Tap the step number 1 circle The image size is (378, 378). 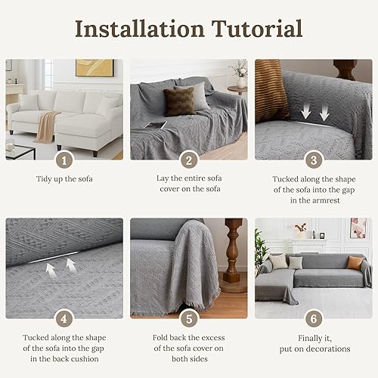65,160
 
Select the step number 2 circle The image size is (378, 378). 189,160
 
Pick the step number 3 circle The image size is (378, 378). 312,160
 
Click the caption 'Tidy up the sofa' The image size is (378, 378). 65,180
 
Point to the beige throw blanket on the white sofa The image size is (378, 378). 47,125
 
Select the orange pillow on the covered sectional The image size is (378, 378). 355,262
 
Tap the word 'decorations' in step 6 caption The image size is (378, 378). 326,349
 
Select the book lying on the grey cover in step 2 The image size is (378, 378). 155,125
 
